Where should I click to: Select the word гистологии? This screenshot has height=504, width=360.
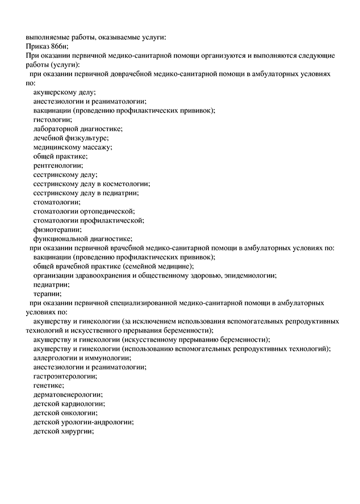(x=52, y=119)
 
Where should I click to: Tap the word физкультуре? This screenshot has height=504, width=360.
(x=87, y=138)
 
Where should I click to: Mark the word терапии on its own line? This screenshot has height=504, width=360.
(x=47, y=293)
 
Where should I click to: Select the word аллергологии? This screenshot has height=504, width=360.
(x=57, y=358)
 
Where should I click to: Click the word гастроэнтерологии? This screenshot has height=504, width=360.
(x=65, y=376)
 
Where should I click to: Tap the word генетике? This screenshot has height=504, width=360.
(x=48, y=385)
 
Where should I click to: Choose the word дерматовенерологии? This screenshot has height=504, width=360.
(x=68, y=394)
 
